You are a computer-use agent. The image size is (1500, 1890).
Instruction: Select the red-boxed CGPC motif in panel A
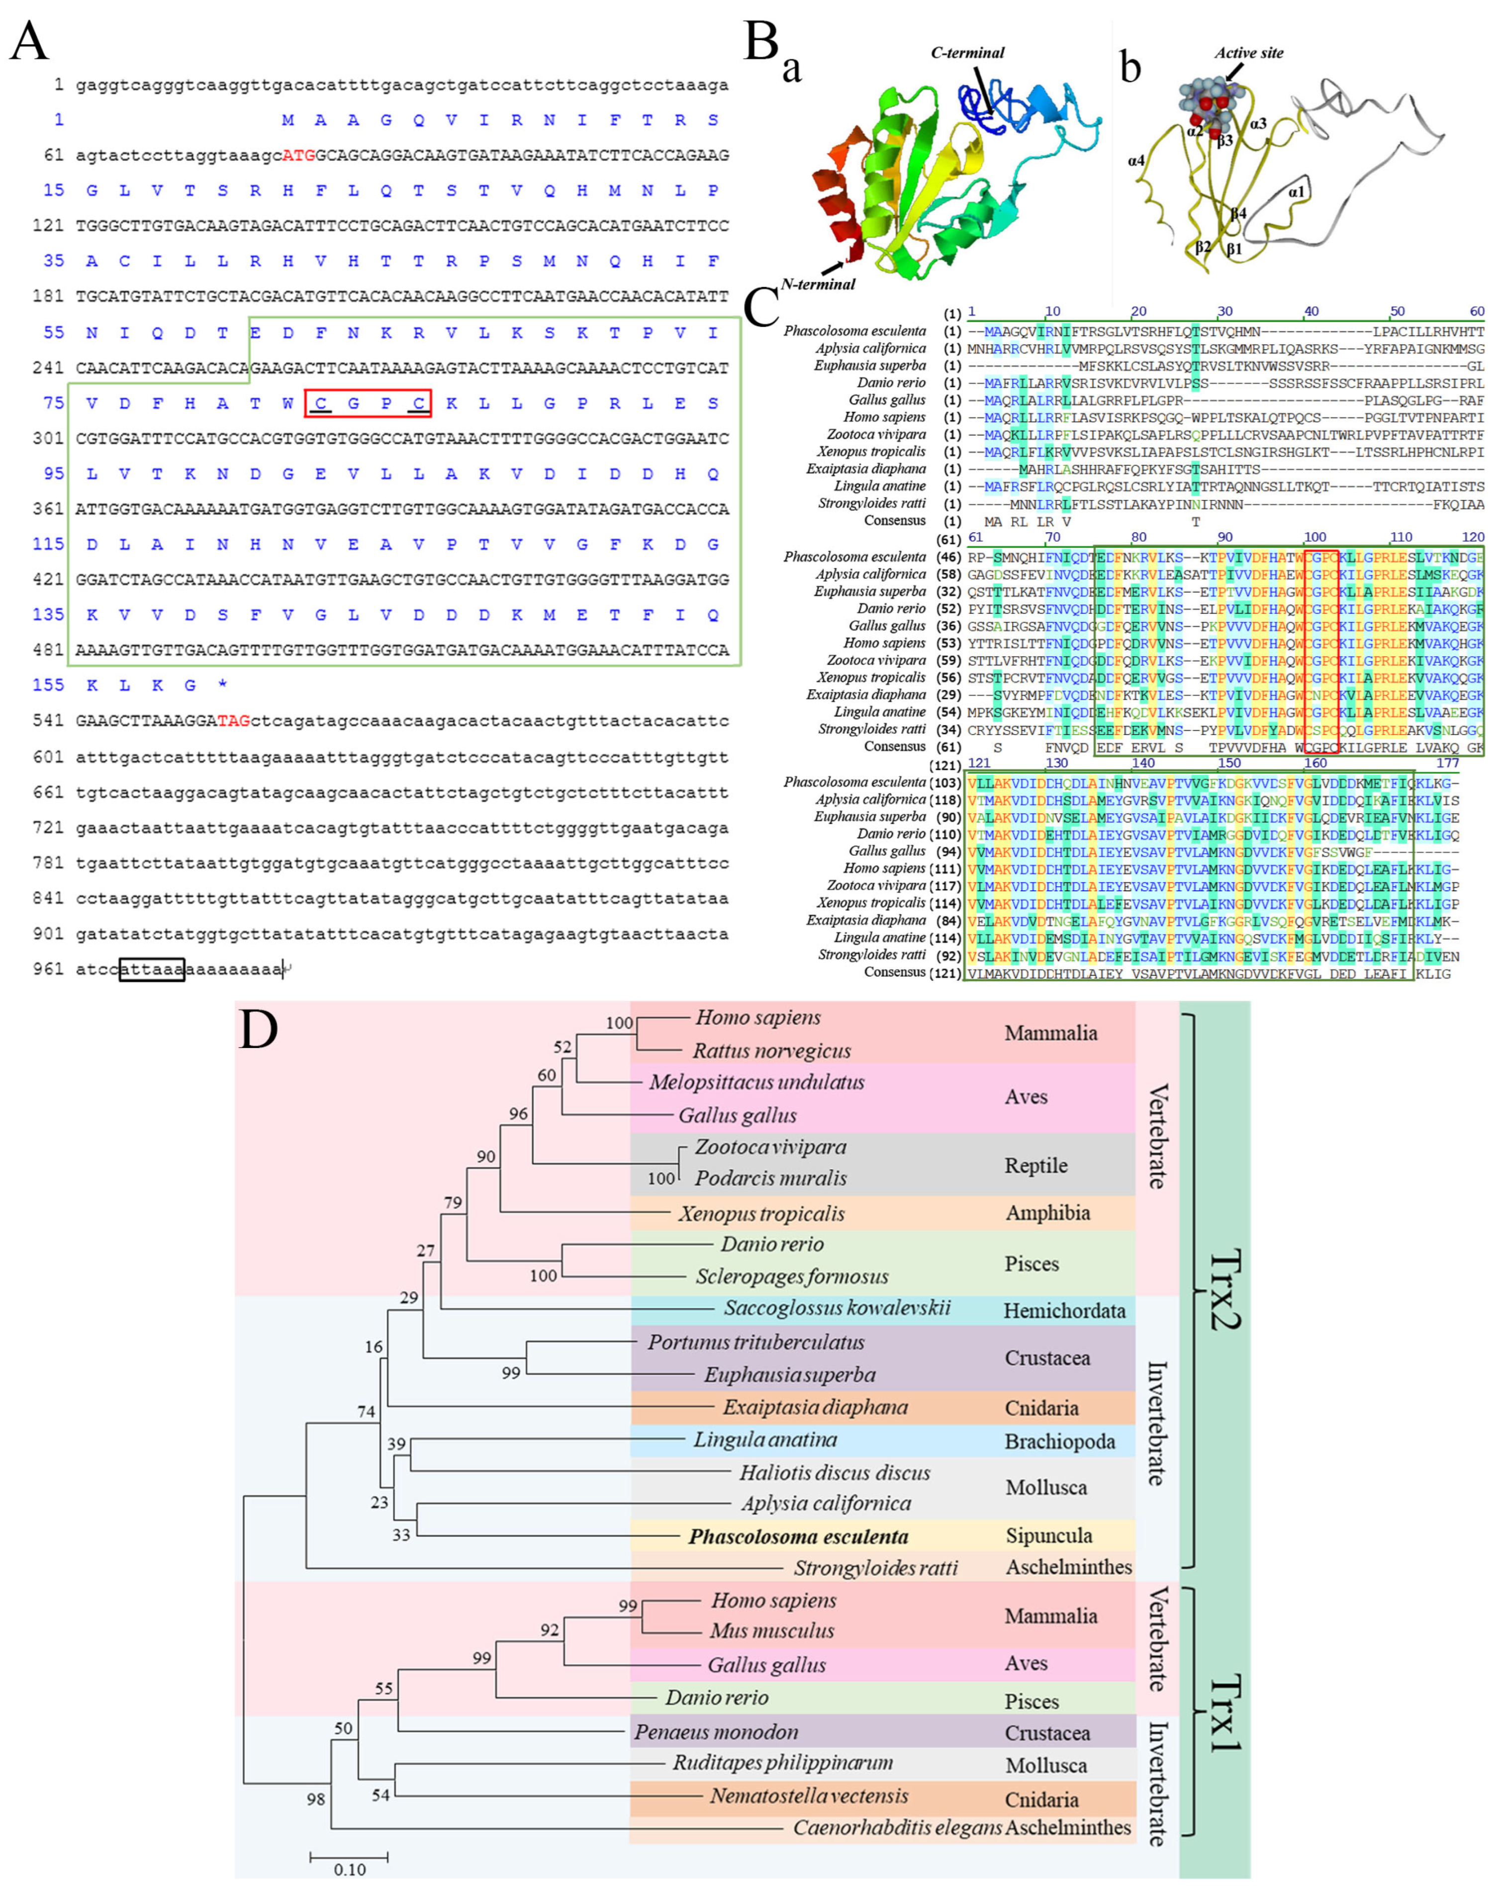coord(368,403)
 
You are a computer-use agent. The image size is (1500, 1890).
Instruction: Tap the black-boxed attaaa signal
coord(152,969)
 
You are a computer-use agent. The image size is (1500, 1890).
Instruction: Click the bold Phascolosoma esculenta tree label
coord(798,1537)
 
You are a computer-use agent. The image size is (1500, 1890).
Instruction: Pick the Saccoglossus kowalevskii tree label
coord(837,1309)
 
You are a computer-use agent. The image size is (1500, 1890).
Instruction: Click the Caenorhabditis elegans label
coord(897,1828)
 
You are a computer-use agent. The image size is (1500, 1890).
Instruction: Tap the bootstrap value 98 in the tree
coord(316,1799)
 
